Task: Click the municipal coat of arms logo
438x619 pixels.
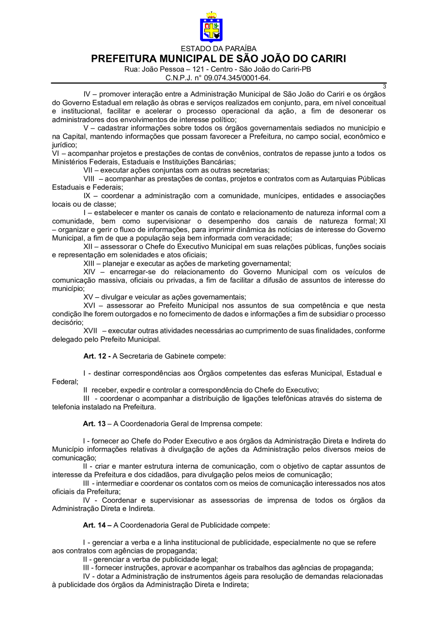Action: [211, 28]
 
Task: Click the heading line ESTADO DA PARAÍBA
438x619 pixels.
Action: [219, 49]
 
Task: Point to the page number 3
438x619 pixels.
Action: [384, 87]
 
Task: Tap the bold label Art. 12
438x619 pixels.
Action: [96, 356]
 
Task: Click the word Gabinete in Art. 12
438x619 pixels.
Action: [179, 356]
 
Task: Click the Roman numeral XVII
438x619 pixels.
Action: [91, 331]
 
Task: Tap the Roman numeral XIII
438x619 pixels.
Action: [90, 263]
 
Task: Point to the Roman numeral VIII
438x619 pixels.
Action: [89, 179]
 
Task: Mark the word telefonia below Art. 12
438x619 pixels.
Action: [67, 407]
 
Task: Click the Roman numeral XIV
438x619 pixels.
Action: [90, 272]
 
